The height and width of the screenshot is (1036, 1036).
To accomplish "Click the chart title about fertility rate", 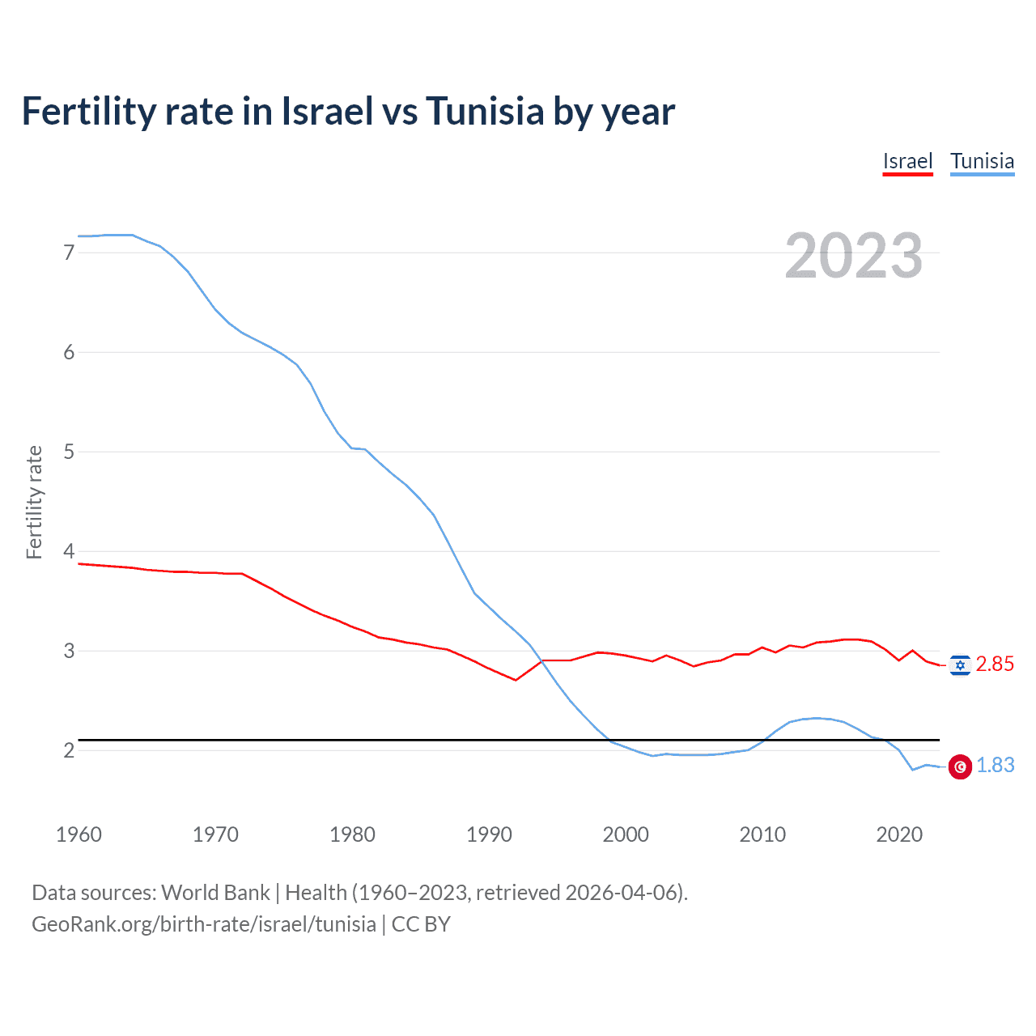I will [x=348, y=112].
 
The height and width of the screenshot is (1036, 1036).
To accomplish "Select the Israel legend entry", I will [x=907, y=161].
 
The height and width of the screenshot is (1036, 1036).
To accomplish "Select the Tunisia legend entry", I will [x=982, y=161].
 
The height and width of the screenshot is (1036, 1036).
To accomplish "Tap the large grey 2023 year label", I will [x=854, y=256].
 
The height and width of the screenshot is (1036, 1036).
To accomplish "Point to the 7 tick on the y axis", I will [x=69, y=253].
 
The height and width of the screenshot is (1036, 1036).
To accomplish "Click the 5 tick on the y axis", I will [x=69, y=452].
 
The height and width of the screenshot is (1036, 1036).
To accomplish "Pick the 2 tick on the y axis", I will [x=69, y=750].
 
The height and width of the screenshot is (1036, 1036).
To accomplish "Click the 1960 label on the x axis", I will [x=79, y=834].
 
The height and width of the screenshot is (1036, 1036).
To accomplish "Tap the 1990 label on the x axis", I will [x=489, y=834].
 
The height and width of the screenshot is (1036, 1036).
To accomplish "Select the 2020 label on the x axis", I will [x=899, y=834].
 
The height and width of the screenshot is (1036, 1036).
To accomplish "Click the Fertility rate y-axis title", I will [x=34, y=502].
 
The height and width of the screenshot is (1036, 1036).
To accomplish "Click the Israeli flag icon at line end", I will [x=960, y=665].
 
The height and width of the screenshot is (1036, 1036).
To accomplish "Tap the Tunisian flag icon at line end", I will [x=960, y=766].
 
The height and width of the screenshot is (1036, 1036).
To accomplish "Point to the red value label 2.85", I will [x=995, y=664].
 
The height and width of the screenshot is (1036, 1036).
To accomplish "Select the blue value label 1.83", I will [x=995, y=766].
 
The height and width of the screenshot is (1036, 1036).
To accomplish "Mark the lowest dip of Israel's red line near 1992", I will [x=516, y=680].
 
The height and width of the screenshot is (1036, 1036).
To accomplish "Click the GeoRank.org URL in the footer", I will [x=204, y=924].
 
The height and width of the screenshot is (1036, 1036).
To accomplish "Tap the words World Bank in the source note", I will [x=215, y=893].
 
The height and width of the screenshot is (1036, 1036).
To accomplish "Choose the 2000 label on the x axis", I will [x=626, y=834].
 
